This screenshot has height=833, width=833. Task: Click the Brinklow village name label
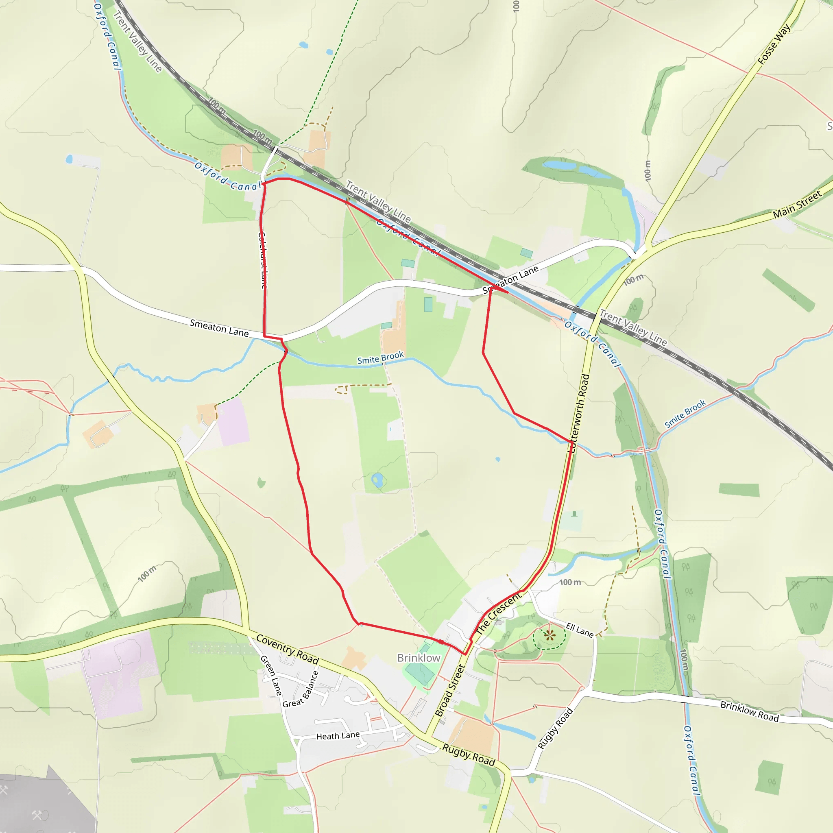[x=419, y=658]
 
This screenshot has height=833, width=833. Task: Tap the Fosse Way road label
[x=774, y=44]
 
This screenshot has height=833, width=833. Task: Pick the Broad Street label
[x=450, y=690]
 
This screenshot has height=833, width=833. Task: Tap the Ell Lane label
[x=580, y=630]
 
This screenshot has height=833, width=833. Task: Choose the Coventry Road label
[x=288, y=649]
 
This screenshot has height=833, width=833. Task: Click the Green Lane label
[x=271, y=675]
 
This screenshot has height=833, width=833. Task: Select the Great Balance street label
[x=301, y=690]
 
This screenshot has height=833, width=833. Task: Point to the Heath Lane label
[x=338, y=735]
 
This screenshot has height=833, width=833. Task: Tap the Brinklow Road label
[x=749, y=711]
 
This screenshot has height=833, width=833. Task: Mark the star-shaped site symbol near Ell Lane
[x=549, y=635]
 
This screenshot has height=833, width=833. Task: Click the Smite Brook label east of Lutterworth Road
[x=685, y=414]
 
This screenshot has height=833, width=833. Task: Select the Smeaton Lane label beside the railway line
[x=510, y=279]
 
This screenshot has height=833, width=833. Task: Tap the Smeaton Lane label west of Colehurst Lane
[x=219, y=328]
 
